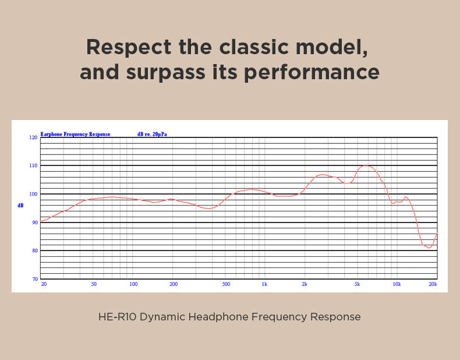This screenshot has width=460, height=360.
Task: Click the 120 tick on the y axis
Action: [x=34, y=137]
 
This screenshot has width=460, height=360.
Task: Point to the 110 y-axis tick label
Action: [x=34, y=165]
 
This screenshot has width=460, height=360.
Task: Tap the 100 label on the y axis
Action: [x=34, y=194]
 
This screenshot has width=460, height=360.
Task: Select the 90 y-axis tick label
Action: [x=34, y=222]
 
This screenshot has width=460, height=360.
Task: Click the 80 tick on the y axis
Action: [x=34, y=250]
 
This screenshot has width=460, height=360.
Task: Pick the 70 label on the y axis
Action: [x=34, y=279]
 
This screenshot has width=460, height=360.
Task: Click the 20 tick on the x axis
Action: [x=44, y=284]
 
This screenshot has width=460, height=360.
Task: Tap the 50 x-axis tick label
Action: [x=94, y=284]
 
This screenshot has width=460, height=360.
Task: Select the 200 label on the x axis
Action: [x=173, y=284]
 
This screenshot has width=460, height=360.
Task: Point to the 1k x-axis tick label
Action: [x=264, y=284]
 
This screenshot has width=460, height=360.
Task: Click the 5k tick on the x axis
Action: [x=357, y=284]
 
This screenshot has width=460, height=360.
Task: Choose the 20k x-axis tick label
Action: [x=433, y=284]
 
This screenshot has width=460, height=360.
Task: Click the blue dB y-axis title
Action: [x=21, y=205]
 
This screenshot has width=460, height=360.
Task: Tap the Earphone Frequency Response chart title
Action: [x=75, y=134]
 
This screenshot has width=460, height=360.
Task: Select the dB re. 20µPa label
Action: [x=152, y=134]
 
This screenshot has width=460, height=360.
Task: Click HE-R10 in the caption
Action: [x=117, y=317]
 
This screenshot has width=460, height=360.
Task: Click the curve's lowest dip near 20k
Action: [x=429, y=248]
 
